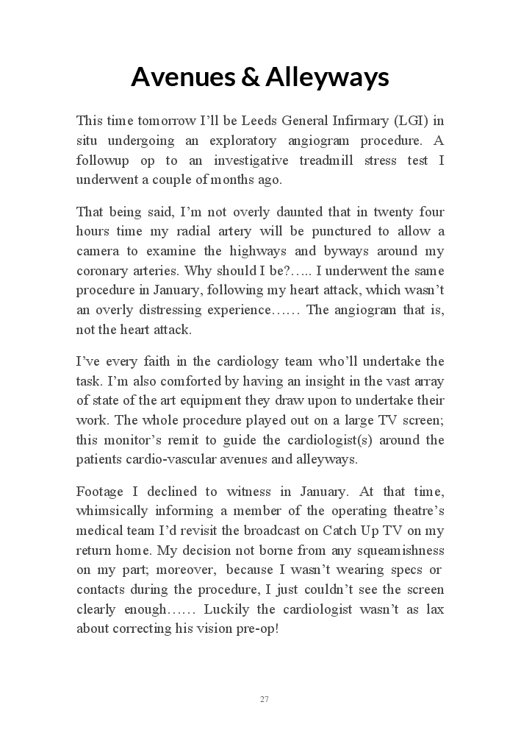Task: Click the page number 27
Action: pos(264,699)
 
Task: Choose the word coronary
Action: pos(101,271)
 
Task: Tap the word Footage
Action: pos(98,492)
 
